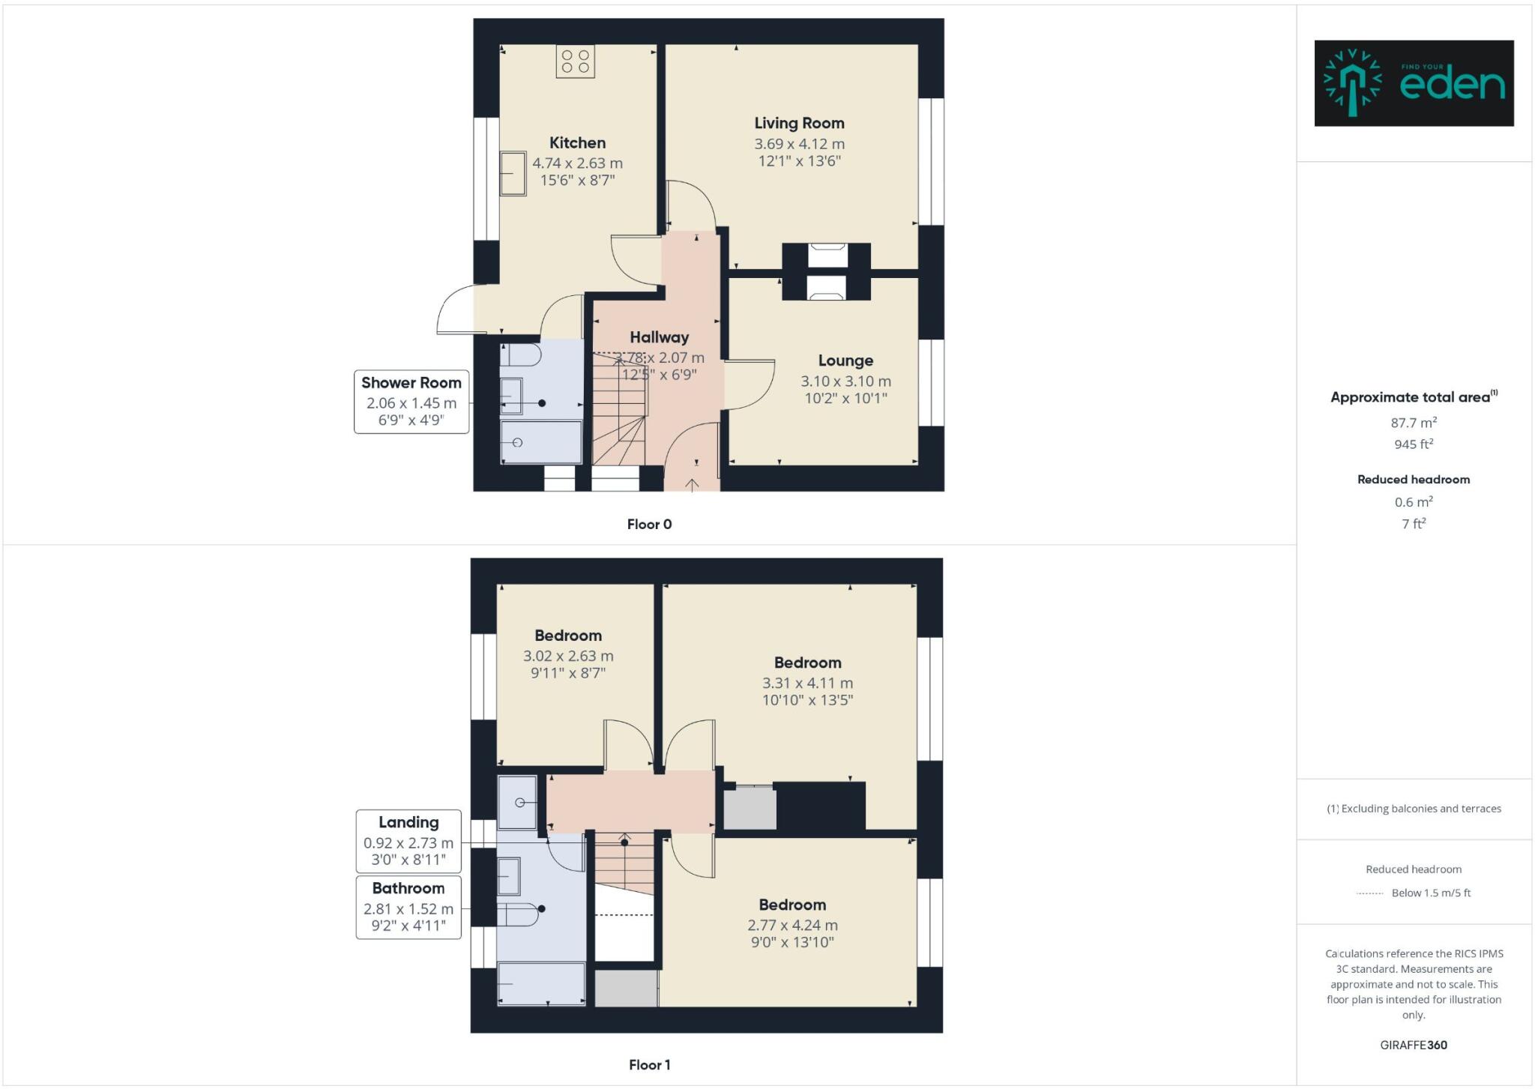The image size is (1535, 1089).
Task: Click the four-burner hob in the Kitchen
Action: point(575,61)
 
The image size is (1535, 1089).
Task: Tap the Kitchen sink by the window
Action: point(513,173)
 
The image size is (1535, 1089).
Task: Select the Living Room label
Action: point(799,123)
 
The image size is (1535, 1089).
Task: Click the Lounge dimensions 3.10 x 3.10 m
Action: point(845,381)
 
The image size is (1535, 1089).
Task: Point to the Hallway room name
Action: point(659,337)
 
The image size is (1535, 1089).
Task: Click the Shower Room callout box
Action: point(411,402)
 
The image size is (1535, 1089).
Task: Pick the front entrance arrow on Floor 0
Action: point(692,484)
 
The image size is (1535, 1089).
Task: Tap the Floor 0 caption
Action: point(649,525)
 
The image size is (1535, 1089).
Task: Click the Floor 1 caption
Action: point(649,1065)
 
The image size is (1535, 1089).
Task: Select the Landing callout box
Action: point(408,841)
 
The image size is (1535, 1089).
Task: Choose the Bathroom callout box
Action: point(408,907)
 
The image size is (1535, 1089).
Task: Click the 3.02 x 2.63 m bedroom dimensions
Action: point(568,657)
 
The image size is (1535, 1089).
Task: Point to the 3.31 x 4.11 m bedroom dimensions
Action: point(807,684)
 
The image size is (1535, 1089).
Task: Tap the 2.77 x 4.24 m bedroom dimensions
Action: point(792,926)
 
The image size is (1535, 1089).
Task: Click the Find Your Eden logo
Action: point(1414,83)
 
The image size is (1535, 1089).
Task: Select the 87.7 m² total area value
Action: point(1414,423)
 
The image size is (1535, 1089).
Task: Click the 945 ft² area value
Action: point(1414,444)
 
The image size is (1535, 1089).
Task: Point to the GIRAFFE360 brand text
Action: point(1414,1045)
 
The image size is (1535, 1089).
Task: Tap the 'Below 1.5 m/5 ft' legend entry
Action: point(1430,893)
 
